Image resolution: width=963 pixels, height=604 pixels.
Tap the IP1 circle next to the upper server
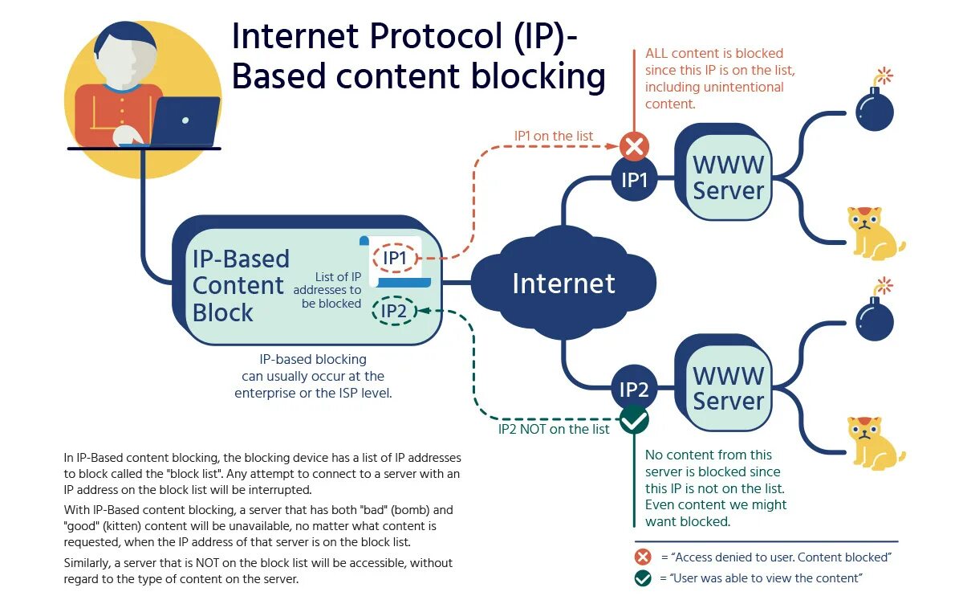click(x=634, y=180)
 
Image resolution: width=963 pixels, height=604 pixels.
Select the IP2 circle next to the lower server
click(x=634, y=390)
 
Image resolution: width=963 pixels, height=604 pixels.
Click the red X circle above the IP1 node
click(x=634, y=146)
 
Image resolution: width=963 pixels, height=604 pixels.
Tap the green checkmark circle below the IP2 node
click(x=634, y=418)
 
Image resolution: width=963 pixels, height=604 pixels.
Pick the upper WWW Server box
click(x=728, y=178)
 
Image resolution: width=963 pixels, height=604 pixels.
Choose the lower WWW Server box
click(x=728, y=387)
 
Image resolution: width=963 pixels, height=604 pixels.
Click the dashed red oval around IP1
click(x=395, y=258)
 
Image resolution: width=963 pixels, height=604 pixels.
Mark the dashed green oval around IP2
click(x=394, y=311)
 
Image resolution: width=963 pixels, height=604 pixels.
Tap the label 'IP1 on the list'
click(x=554, y=136)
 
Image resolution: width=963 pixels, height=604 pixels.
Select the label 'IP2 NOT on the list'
click(x=554, y=429)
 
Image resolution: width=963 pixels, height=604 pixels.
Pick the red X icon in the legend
click(x=643, y=557)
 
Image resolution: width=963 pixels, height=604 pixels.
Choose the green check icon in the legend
click(x=643, y=578)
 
